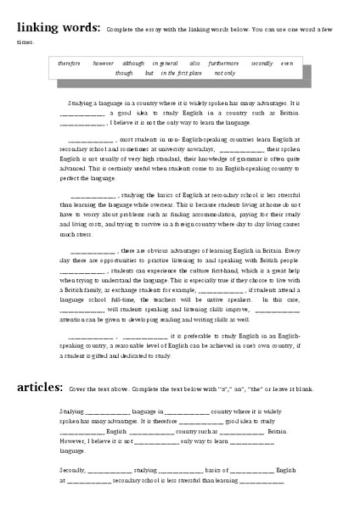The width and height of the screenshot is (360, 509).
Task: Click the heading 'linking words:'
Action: pos(55,26)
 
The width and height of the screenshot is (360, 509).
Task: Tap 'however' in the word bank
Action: pos(104,63)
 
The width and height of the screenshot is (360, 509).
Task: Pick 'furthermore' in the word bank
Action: pos(222,63)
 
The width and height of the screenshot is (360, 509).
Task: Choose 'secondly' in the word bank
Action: pos(262,63)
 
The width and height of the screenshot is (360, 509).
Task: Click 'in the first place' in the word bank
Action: pos(182,73)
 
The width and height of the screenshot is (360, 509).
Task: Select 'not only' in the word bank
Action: pos(225,73)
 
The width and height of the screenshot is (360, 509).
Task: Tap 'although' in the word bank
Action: pos(132,63)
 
